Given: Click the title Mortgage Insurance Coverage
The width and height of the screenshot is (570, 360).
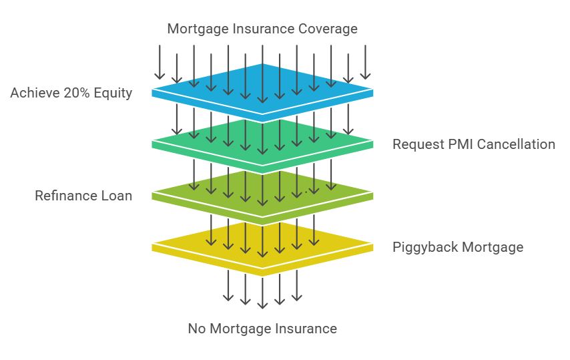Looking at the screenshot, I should [x=262, y=29].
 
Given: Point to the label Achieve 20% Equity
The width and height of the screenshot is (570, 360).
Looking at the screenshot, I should [x=71, y=93].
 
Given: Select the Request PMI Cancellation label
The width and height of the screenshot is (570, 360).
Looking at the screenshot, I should [x=473, y=144].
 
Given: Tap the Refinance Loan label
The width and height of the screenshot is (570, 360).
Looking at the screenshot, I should [x=83, y=196].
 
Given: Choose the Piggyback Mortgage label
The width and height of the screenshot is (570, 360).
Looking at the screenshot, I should [x=457, y=247].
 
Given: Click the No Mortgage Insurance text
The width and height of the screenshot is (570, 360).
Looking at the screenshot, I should [x=262, y=329].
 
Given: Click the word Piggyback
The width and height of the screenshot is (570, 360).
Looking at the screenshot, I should [x=424, y=247].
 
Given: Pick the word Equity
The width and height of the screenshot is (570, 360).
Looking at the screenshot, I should [x=114, y=93].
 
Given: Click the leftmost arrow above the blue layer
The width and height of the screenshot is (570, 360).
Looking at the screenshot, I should [x=160, y=62].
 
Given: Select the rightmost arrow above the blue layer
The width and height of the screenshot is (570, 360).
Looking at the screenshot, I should [x=365, y=62].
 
